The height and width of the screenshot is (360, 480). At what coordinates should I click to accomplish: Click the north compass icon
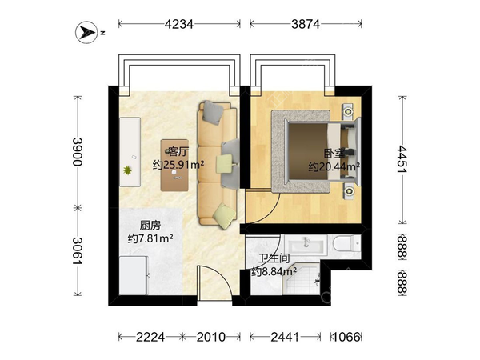[x=86, y=33]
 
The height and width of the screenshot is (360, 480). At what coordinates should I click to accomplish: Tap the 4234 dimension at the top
[x=178, y=24]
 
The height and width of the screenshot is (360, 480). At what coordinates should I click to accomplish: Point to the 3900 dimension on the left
[x=78, y=150]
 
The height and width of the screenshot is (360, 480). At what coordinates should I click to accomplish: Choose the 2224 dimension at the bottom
[x=150, y=337]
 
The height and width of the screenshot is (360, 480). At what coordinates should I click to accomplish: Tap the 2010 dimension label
[x=211, y=337]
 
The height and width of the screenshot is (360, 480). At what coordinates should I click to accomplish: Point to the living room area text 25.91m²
[x=178, y=166]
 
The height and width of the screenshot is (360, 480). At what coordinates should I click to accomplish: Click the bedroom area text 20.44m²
[x=334, y=166]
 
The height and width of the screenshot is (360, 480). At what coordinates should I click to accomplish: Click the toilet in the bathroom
[x=347, y=242]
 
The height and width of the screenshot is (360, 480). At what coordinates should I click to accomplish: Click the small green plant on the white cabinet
[x=128, y=169]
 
